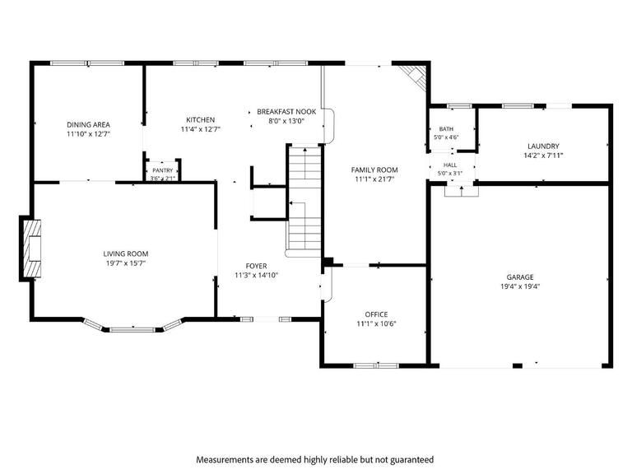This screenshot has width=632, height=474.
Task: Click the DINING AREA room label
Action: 88,125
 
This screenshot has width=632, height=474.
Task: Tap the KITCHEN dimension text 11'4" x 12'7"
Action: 201,129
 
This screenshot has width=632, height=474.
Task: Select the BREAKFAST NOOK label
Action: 286,112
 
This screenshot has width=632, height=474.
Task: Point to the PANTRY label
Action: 163,170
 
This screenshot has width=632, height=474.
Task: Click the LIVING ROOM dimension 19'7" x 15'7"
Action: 126,263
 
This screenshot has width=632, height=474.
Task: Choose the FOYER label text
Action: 257,266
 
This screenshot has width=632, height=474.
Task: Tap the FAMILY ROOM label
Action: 374,170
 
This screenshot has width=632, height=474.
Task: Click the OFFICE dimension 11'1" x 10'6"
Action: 376,323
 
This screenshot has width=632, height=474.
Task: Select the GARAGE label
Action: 520,277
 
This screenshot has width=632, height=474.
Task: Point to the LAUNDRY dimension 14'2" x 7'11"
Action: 543,156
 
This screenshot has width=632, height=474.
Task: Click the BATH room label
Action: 446,129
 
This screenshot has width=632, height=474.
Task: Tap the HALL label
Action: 450,165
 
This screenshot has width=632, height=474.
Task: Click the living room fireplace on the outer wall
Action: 31,249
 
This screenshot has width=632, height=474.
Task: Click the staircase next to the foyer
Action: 304,200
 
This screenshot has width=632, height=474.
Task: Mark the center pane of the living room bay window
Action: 132,330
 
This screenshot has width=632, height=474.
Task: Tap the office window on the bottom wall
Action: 376,365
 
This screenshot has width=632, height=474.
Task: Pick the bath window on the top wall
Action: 459,106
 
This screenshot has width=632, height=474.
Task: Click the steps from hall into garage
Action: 462,191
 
